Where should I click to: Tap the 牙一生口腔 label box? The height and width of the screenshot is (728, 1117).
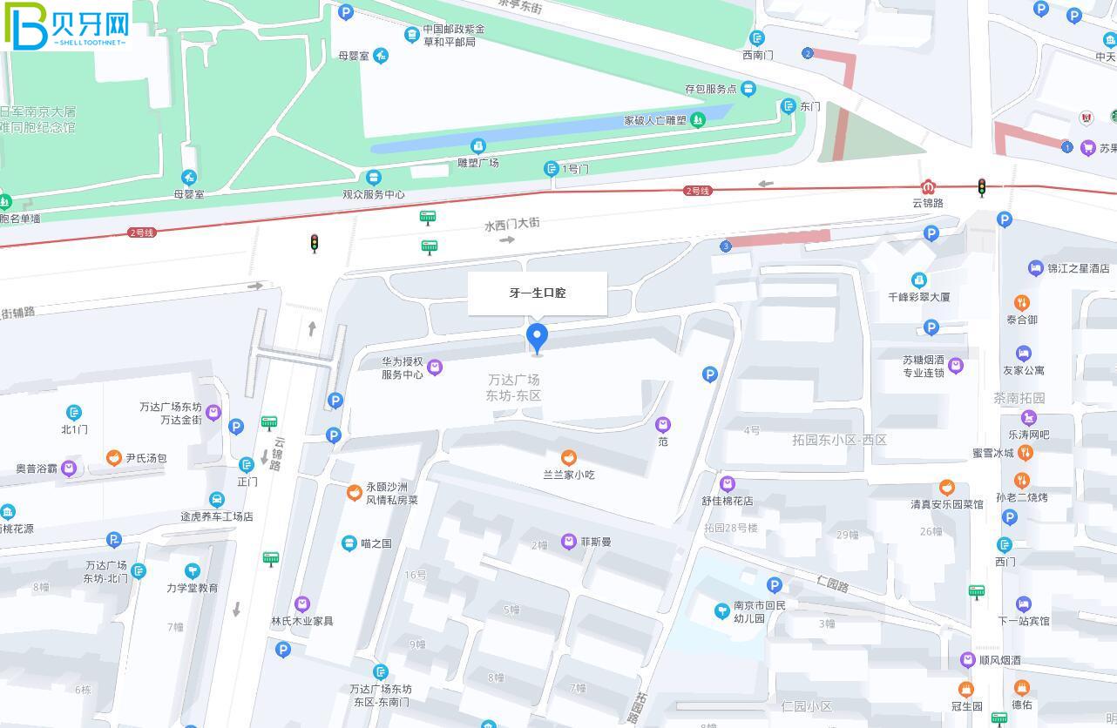pyautogui.click(x=538, y=293)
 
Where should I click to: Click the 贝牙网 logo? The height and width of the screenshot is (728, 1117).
pyautogui.click(x=68, y=26)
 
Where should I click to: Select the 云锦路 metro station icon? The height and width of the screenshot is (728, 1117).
pyautogui.click(x=929, y=187)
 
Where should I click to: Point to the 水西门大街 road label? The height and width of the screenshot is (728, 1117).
pyautogui.click(x=512, y=224)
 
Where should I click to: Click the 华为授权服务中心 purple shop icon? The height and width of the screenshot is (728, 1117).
pyautogui.click(x=435, y=367)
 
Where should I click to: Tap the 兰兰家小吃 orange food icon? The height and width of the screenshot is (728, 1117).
pyautogui.click(x=569, y=458)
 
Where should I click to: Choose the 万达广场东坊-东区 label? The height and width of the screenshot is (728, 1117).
pyautogui.click(x=514, y=388)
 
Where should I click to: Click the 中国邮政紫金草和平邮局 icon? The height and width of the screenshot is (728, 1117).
pyautogui.click(x=412, y=35)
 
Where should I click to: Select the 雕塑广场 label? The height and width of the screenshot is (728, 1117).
pyautogui.click(x=478, y=163)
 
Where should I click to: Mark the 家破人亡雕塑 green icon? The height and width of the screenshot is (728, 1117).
pyautogui.click(x=697, y=120)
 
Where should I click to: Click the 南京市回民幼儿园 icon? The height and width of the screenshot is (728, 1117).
pyautogui.click(x=721, y=611)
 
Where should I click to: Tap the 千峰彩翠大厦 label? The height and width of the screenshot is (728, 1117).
pyautogui.click(x=918, y=297)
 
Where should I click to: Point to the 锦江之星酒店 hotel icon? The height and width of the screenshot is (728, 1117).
pyautogui.click(x=1035, y=268)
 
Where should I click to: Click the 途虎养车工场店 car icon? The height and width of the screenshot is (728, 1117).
pyautogui.click(x=217, y=500)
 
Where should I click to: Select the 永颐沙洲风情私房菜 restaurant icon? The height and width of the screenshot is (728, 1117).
pyautogui.click(x=355, y=493)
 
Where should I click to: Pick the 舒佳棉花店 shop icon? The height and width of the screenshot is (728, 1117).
pyautogui.click(x=728, y=484)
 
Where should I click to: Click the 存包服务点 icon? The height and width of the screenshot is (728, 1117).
pyautogui.click(x=748, y=89)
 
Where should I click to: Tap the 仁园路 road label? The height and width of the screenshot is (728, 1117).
pyautogui.click(x=832, y=584)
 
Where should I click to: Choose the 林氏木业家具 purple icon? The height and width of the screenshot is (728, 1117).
pyautogui.click(x=302, y=604)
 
